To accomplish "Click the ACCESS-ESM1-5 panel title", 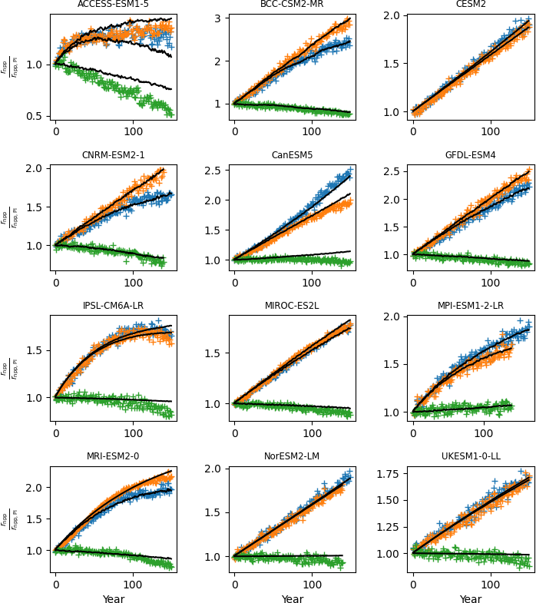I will point(113,5).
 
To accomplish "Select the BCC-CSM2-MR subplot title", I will point(292,5).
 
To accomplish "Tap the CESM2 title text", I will point(471,5).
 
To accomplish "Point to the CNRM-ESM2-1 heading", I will point(113,155).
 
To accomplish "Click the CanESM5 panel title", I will point(292,155).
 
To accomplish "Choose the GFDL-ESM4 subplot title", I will point(471,155).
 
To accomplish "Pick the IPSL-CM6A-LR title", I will point(113,306).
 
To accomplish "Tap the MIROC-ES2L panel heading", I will point(292,306).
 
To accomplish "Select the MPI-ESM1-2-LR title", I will point(471,306).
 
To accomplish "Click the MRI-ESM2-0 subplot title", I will point(113,456).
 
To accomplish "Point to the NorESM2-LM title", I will point(292,456).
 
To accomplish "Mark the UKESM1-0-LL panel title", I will point(471,456).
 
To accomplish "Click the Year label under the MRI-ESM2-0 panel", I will point(113,599).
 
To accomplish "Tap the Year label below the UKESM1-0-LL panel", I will point(471,599).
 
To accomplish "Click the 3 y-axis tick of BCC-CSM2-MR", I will point(217,18).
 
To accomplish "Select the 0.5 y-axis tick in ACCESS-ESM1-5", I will point(35,116).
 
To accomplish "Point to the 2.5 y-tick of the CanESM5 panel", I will point(213,171).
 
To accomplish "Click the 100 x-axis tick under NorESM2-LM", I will point(312,585).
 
